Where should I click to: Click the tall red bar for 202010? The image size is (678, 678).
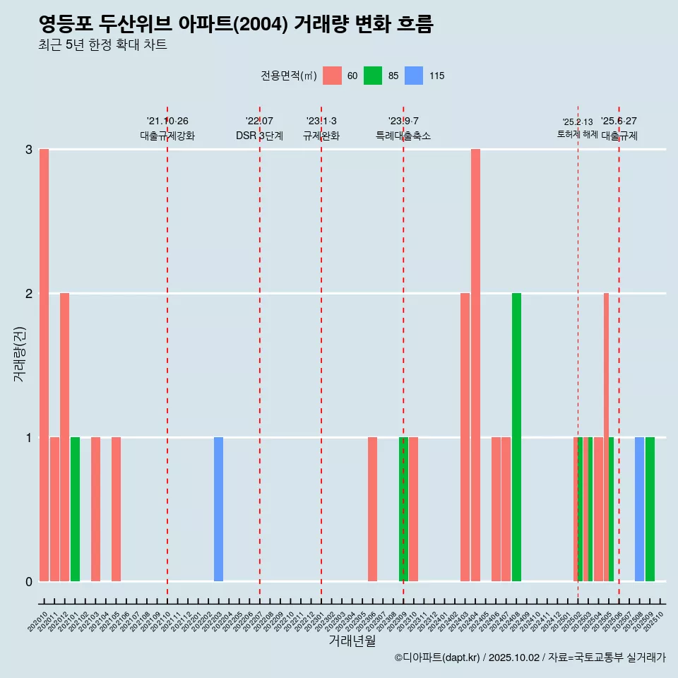click(44, 365)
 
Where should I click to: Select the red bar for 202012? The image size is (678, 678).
click(64, 437)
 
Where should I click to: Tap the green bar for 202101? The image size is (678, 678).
click(75, 509)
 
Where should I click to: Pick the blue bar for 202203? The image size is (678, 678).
click(218, 509)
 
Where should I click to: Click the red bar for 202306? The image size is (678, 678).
click(372, 509)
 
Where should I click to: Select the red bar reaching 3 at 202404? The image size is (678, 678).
click(475, 365)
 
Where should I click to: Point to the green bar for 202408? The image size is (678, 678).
click(516, 437)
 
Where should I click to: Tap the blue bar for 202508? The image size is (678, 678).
click(639, 509)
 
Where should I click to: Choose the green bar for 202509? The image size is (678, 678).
click(650, 509)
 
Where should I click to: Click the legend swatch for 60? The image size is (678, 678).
click(332, 76)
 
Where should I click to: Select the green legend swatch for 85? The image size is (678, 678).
click(373, 76)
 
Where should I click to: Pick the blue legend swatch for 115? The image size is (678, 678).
click(414, 76)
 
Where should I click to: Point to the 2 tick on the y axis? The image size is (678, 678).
click(29, 294)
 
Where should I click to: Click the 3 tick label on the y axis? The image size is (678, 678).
click(29, 150)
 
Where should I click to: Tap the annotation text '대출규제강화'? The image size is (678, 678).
click(167, 136)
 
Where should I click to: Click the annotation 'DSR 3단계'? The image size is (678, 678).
click(260, 136)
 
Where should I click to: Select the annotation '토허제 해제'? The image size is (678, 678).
click(578, 134)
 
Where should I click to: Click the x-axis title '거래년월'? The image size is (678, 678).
click(352, 641)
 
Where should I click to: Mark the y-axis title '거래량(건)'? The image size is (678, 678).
click(20, 354)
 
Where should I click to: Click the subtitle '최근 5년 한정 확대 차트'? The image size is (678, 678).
click(103, 45)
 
